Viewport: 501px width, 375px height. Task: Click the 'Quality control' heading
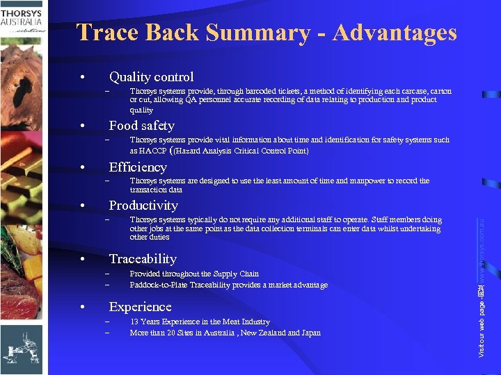click(151, 77)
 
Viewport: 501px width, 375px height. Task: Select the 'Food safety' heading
click(141, 126)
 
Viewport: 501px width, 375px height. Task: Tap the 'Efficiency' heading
click(138, 167)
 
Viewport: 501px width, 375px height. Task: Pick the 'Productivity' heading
click(143, 206)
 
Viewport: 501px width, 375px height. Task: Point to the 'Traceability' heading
click(143, 259)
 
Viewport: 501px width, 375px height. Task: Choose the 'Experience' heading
click(140, 307)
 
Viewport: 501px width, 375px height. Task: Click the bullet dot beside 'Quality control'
click(82, 77)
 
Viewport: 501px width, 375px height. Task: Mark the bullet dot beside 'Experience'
click(82, 307)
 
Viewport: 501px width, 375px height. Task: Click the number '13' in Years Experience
click(134, 322)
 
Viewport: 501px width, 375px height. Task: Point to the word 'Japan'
click(310, 333)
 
